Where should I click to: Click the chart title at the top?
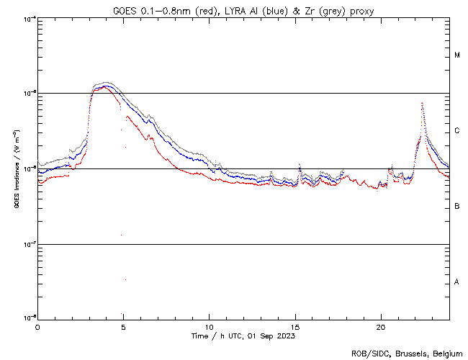[244, 9]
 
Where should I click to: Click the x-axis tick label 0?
[37, 326]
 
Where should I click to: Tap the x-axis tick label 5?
[123, 326]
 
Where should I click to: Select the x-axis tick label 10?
[209, 326]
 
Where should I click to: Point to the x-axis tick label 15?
[295, 326]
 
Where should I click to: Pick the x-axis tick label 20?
[381, 326]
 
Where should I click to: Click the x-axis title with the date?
[243, 336]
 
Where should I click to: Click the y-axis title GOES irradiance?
[16, 168]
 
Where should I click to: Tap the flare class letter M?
[456, 55]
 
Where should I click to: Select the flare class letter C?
[456, 131]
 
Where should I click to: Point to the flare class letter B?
[456, 207]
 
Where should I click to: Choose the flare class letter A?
[456, 282]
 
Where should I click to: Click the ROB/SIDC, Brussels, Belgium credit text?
[408, 353]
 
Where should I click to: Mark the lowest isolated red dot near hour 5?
[125, 279]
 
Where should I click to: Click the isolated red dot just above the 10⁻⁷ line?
[121, 235]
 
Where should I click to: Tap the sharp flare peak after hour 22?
[422, 104]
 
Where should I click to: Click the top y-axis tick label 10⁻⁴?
[29, 19]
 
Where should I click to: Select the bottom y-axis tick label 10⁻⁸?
[29, 318]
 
